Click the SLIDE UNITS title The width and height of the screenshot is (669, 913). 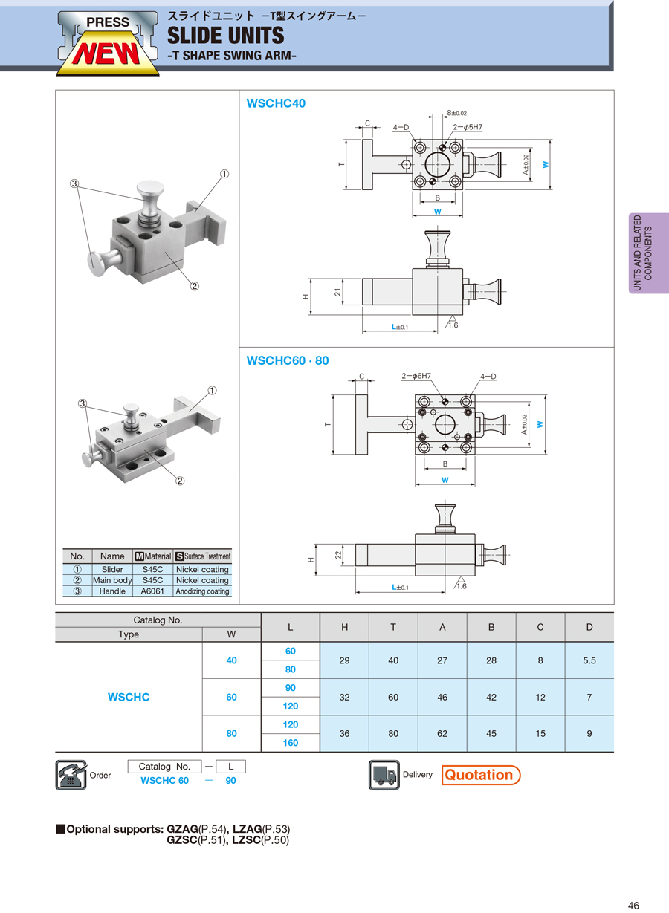tap(226, 35)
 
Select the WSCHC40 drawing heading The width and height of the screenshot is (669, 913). tap(276, 103)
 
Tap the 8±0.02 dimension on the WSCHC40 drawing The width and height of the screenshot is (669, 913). tap(456, 114)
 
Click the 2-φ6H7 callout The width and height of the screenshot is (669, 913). tap(416, 377)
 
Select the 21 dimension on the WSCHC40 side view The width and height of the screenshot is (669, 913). tap(337, 293)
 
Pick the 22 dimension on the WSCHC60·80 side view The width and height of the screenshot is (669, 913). tap(337, 555)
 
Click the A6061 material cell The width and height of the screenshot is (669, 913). tap(153, 591)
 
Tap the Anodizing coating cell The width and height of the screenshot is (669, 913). tap(202, 591)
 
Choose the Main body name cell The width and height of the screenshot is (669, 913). tap(112, 580)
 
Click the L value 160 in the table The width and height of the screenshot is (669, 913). tap(291, 743)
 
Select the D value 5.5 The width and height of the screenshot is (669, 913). tap(589, 660)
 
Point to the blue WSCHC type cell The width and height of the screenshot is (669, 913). tap(129, 697)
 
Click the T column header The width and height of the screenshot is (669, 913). tap(393, 627)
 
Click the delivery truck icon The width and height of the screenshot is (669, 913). tap(384, 775)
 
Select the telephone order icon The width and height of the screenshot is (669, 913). tap(71, 775)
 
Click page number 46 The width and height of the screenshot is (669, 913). tap(633, 906)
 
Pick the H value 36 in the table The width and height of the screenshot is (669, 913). tap(344, 733)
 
